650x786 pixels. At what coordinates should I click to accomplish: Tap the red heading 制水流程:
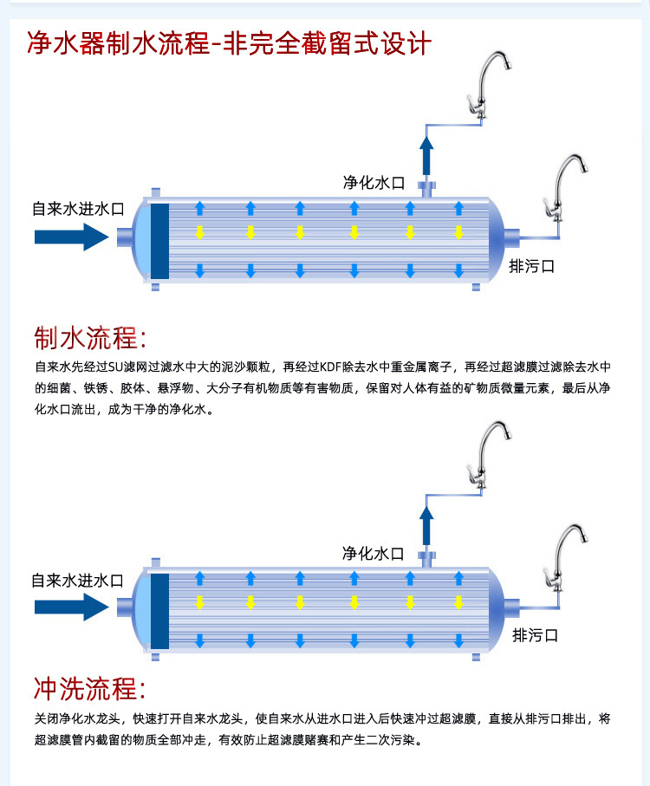click(x=90, y=337)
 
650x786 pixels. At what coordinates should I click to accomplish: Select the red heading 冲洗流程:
click(x=90, y=689)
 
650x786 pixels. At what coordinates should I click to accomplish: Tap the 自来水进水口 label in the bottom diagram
click(x=78, y=580)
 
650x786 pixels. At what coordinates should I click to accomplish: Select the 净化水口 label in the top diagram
click(x=374, y=182)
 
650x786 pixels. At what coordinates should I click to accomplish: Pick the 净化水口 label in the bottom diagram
click(x=374, y=553)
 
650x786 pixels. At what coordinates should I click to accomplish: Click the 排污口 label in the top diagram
click(x=531, y=265)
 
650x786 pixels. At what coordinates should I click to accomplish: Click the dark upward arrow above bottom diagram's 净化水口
click(x=426, y=528)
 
